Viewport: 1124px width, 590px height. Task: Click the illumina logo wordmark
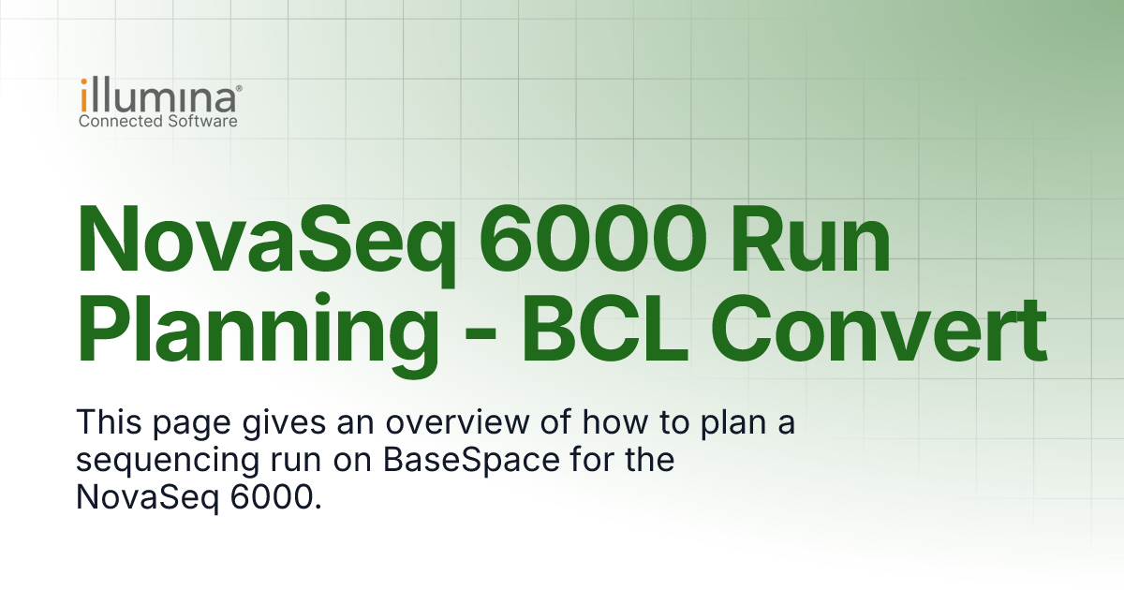[x=157, y=97]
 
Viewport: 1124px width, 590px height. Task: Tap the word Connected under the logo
[x=117, y=121]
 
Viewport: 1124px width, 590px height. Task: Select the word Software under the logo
[x=199, y=121]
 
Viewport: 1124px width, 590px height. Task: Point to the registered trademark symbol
[x=240, y=87]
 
